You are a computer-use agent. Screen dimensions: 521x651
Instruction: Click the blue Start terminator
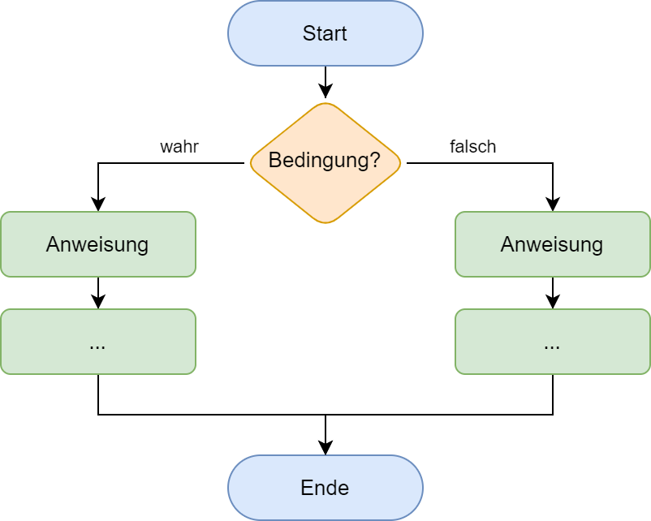325,33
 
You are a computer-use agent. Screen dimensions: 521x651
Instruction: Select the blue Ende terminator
325,488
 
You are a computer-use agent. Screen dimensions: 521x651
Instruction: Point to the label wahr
179,147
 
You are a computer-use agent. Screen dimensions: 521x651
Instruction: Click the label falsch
472,147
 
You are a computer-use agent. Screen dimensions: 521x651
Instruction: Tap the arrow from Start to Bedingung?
325,81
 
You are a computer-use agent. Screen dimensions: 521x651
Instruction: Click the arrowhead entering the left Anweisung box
98,205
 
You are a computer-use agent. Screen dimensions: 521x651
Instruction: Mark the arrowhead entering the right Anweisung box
553,205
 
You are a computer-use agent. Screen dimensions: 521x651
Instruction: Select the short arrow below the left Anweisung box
98,292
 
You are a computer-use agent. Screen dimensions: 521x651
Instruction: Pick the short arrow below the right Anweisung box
553,292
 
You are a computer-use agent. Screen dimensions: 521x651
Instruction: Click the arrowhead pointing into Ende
325,448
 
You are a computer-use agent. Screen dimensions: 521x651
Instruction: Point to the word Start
325,33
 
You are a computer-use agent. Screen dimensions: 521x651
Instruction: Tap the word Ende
325,488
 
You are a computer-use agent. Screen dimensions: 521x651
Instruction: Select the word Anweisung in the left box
97,244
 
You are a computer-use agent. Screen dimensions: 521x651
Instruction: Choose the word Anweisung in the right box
552,244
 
